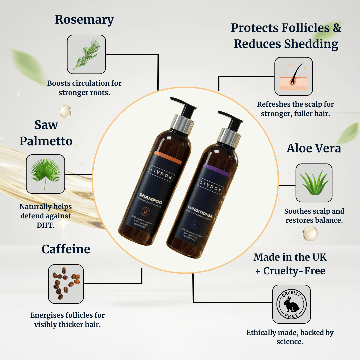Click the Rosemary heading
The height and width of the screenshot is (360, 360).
click(x=84, y=20)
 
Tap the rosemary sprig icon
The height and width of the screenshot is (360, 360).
click(x=86, y=54)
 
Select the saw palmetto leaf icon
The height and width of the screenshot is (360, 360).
click(x=45, y=174)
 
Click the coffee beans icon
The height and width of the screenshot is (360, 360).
click(x=66, y=284)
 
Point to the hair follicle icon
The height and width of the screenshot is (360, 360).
click(x=293, y=76)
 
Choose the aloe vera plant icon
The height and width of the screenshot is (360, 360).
click(x=314, y=183)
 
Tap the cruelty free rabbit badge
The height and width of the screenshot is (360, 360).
click(x=291, y=304)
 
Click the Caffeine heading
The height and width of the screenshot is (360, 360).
click(x=66, y=249)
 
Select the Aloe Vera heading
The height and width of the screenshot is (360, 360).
click(x=314, y=148)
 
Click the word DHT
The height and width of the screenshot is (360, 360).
click(x=46, y=225)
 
